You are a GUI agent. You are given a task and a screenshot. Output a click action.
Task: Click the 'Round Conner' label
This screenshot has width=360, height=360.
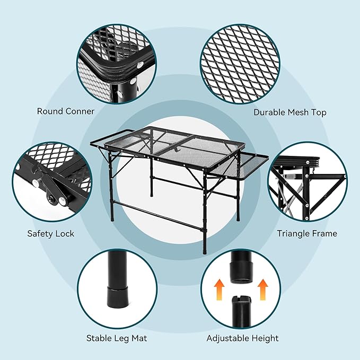tap(66, 111)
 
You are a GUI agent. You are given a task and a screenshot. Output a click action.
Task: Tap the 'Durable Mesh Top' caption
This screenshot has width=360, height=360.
tap(289, 112)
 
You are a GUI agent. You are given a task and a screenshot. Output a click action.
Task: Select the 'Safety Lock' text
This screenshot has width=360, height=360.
tap(51, 233)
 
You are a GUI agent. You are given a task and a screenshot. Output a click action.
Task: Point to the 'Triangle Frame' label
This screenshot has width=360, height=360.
tap(306, 233)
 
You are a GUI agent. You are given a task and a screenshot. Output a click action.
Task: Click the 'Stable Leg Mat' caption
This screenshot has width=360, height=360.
tap(117, 338)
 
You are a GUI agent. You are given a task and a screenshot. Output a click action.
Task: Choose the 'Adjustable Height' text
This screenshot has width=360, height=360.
tap(242, 338)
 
